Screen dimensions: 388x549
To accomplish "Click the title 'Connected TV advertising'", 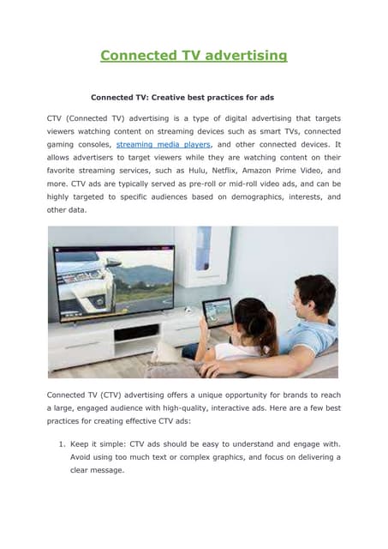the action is pos(194,56).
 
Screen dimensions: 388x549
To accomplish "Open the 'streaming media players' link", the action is pos(161,146).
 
